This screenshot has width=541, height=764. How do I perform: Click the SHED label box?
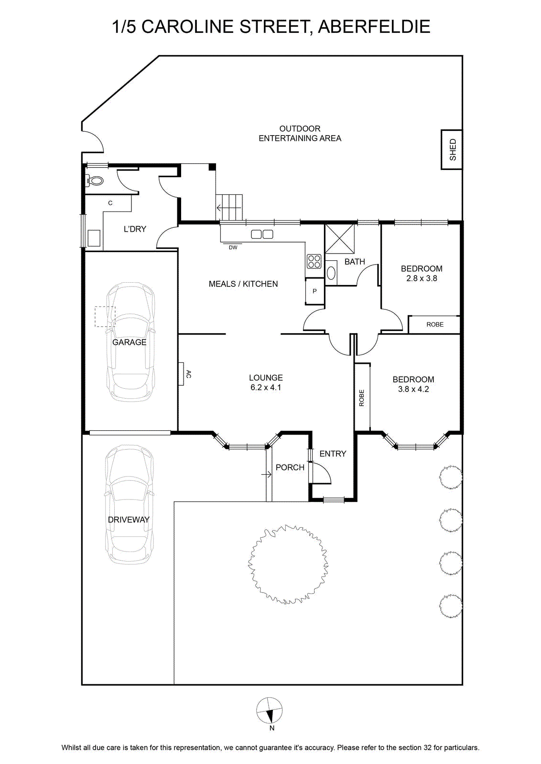tap(452, 149)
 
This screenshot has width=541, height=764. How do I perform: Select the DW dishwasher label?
tap(233, 248)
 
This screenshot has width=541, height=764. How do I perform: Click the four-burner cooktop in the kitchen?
tap(314, 262)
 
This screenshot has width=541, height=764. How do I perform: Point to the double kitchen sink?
tap(262, 234)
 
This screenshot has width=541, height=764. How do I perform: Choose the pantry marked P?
tap(314, 291)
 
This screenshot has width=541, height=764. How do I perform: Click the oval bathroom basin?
tap(331, 273)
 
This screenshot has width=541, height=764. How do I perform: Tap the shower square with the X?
tap(340, 239)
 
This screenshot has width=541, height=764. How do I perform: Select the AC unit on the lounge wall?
tap(181, 374)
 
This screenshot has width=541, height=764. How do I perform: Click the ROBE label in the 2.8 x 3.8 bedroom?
tap(435, 324)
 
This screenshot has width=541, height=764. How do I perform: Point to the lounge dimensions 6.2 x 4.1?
tap(266, 387)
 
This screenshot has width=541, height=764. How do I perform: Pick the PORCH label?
tap(290, 467)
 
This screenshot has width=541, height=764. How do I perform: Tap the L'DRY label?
tap(135, 229)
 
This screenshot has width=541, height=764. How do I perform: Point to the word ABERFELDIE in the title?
tap(374, 27)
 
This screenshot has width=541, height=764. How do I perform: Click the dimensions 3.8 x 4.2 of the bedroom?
tap(413, 389)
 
